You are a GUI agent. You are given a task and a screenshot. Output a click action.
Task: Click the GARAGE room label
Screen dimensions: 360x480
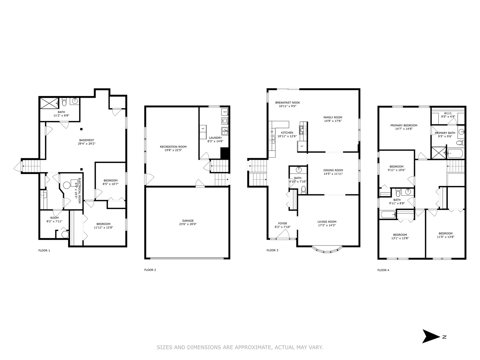click(188, 221)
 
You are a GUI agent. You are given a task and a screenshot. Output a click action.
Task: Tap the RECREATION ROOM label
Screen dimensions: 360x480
click(173, 147)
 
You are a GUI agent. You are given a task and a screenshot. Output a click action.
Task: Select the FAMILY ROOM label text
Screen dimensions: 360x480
click(333, 117)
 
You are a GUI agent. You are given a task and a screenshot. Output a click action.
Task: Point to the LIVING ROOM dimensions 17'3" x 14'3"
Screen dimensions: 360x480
click(327, 225)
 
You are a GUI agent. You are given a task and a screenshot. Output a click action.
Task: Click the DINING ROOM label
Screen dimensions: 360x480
click(333, 170)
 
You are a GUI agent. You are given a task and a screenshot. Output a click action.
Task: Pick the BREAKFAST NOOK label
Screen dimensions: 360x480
click(287, 103)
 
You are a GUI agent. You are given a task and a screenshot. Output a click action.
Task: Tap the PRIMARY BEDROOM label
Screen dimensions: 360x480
click(404, 125)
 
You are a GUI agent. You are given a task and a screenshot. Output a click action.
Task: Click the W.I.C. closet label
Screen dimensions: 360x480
click(448, 113)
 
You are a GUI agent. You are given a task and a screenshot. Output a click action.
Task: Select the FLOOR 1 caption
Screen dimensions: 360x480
click(44, 250)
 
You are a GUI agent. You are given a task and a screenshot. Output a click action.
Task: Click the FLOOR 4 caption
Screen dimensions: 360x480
click(383, 270)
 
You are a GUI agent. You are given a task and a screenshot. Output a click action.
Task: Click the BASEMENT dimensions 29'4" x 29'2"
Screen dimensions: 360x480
click(86, 144)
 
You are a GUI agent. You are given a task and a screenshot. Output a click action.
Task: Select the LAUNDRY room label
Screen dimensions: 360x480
click(215, 138)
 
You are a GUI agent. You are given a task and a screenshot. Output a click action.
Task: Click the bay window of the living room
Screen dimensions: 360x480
click(327, 250)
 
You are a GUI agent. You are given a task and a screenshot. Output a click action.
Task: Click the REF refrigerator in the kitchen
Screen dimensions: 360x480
click(302, 146)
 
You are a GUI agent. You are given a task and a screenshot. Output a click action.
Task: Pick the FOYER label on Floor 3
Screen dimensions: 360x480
click(282, 223)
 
